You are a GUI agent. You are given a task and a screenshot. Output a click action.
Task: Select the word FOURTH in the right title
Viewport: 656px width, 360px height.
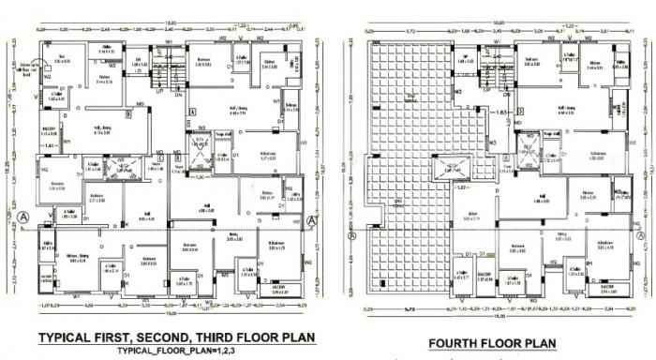click(459, 343)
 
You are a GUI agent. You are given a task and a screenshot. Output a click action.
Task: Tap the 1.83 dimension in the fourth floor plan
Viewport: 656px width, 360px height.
click(500, 112)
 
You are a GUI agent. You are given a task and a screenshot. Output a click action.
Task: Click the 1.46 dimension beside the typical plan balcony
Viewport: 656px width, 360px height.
click(49, 146)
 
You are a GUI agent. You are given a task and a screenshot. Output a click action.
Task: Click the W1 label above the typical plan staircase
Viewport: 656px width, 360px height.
click(168, 41)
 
